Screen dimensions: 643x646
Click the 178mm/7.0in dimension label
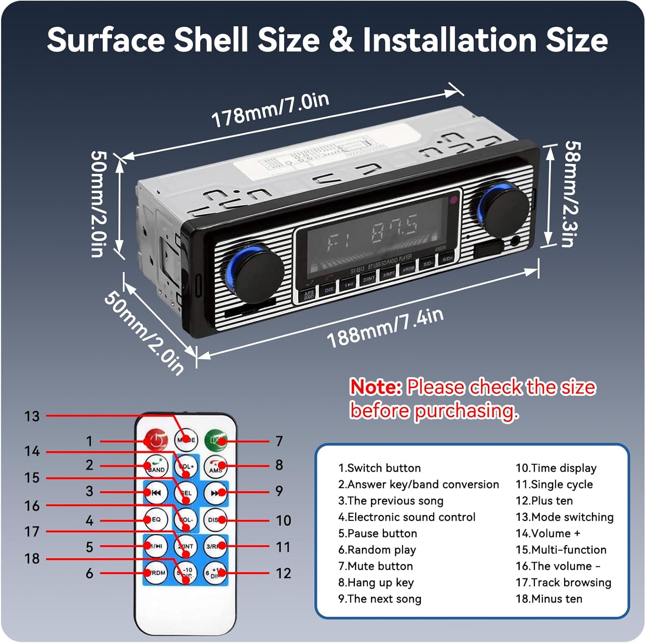pyautogui.click(x=270, y=110)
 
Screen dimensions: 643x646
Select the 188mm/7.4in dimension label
pyautogui.click(x=385, y=328)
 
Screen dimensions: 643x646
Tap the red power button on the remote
pyautogui.click(x=156, y=440)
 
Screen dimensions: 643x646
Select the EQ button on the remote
pyautogui.click(x=156, y=519)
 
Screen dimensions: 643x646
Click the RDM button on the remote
pyautogui.click(x=156, y=573)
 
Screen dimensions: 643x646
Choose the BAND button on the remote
pyautogui.click(x=156, y=467)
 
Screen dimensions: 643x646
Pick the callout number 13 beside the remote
pyautogui.click(x=32, y=416)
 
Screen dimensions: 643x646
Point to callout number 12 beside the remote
pyautogui.click(x=283, y=573)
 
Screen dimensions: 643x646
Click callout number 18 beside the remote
pyautogui.click(x=32, y=559)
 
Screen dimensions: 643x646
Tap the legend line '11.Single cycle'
pyautogui.click(x=554, y=484)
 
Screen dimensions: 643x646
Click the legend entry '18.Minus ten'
pyautogui.click(x=549, y=599)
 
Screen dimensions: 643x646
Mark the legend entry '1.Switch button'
pyautogui.click(x=379, y=468)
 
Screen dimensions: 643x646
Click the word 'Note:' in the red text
pyautogui.click(x=376, y=387)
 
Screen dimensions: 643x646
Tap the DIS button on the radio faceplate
pyautogui.click(x=329, y=290)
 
